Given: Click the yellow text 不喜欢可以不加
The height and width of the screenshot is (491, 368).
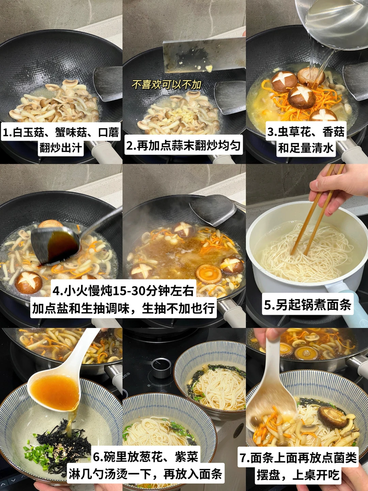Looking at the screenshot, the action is pos(166,85).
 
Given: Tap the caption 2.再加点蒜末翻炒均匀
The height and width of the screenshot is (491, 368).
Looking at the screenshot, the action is pos(183,145).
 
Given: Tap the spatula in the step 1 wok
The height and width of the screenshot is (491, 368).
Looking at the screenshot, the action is pos(107,83).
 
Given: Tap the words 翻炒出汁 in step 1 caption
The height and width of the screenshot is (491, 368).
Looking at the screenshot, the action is pos(61,148).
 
